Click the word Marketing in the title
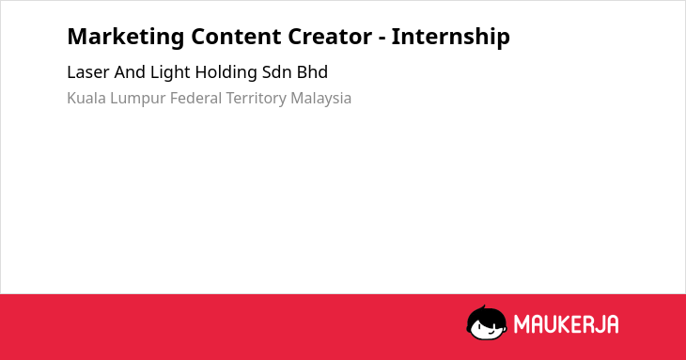pyautogui.click(x=126, y=38)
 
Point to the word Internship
pyautogui.click(x=451, y=38)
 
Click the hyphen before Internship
pyautogui.click(x=382, y=39)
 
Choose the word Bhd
pyautogui.click(x=312, y=72)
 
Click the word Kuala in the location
pyautogui.click(x=86, y=98)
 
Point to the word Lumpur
pyautogui.click(x=137, y=99)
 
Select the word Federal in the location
pyautogui.click(x=196, y=98)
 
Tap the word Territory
pyautogui.click(x=256, y=99)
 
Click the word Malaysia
pyautogui.click(x=321, y=99)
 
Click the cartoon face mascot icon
pyautogui.click(x=487, y=322)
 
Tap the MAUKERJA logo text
pyautogui.click(x=566, y=324)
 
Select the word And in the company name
pyautogui.click(x=130, y=72)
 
